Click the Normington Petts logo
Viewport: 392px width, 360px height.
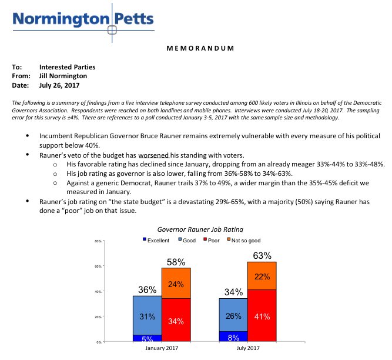(82, 19)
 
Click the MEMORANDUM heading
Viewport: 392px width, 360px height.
(195, 48)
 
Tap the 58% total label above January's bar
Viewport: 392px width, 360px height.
(176, 261)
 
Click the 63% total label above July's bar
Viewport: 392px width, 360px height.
(262, 256)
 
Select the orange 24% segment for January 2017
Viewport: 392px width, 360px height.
(176, 284)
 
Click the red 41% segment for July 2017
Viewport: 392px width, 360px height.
(262, 316)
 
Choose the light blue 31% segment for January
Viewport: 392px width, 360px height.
(147, 316)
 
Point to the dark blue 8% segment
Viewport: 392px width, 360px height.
(233, 337)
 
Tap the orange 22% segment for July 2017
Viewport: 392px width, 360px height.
(262, 276)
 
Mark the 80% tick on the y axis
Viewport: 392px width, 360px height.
(98, 241)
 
